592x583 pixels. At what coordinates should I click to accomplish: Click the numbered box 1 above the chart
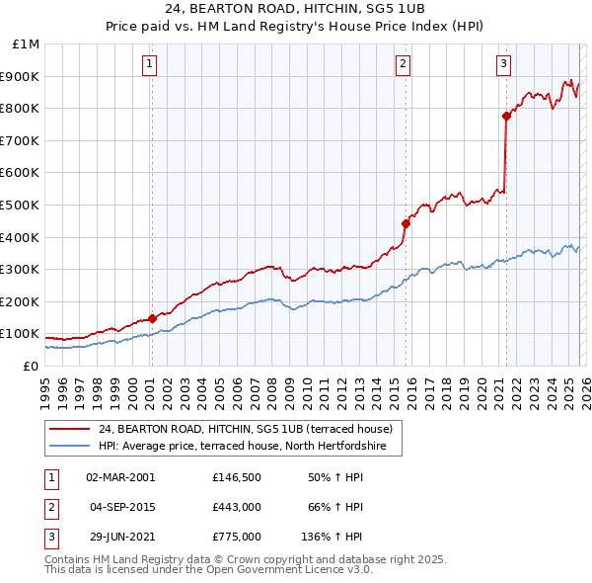pyautogui.click(x=150, y=65)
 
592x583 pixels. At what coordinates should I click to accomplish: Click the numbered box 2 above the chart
pyautogui.click(x=404, y=65)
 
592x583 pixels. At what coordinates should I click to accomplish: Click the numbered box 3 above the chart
pyautogui.click(x=503, y=65)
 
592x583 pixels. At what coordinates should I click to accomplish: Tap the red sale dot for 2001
pyautogui.click(x=152, y=318)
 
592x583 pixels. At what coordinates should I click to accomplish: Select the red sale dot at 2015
pyautogui.click(x=406, y=223)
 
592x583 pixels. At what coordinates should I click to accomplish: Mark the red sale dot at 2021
pyautogui.click(x=506, y=116)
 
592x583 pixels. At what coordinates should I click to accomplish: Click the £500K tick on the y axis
pyautogui.click(x=22, y=205)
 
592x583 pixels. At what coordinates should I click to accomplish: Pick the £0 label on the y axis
pyautogui.click(x=31, y=366)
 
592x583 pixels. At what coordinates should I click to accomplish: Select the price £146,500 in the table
pyautogui.click(x=235, y=476)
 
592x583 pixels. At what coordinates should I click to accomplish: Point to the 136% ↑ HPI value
pyautogui.click(x=332, y=538)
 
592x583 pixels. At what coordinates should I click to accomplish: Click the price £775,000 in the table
pyautogui.click(x=235, y=538)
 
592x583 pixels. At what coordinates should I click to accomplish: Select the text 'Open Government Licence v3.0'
pyautogui.click(x=288, y=570)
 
